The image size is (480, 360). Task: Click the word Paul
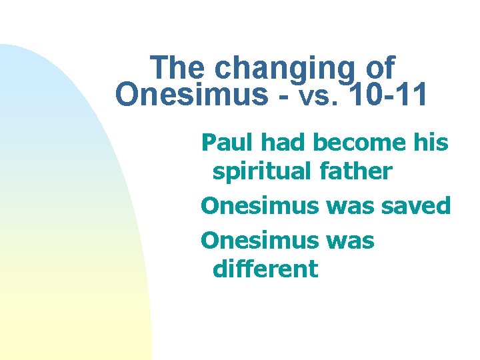[228, 142]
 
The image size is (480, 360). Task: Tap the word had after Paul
[285, 142]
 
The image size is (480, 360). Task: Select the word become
[364, 142]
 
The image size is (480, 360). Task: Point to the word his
[431, 142]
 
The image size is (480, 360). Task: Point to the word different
[265, 269]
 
